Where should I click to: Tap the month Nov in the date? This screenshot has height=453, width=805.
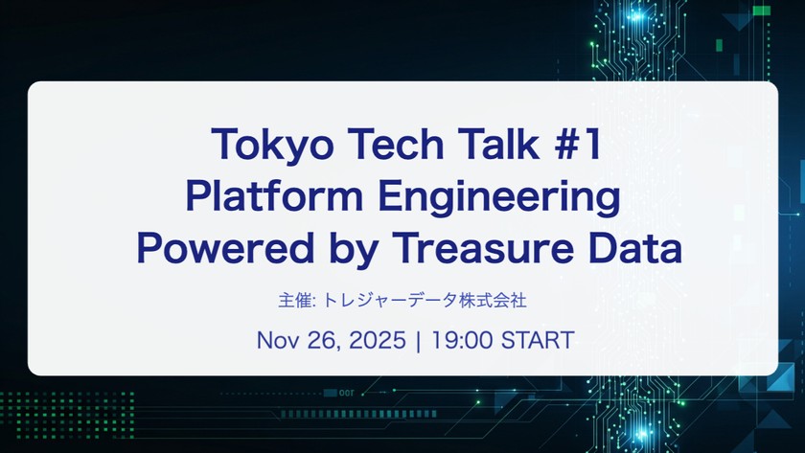(276, 341)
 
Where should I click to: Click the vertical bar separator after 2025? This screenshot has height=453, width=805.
(418, 341)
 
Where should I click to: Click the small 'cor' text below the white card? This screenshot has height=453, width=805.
(347, 393)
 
